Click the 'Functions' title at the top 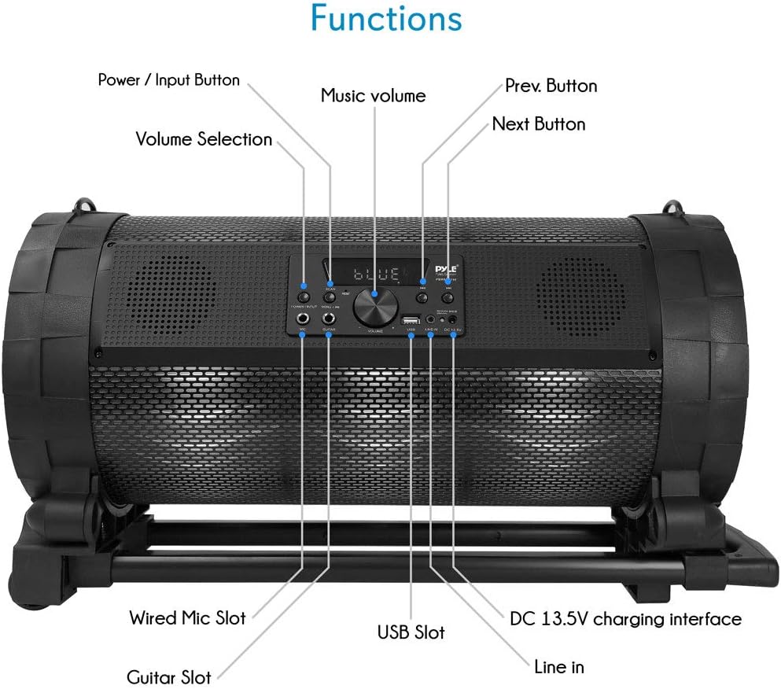click(x=385, y=19)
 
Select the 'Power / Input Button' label click(x=168, y=79)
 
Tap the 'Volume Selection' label click(x=204, y=139)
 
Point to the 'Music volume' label click(x=373, y=96)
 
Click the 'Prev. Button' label click(x=551, y=85)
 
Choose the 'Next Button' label click(x=539, y=123)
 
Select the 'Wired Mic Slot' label click(x=187, y=617)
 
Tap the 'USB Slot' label click(x=411, y=632)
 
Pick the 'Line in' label click(x=558, y=666)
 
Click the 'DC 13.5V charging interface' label click(x=625, y=619)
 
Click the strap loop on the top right click(x=672, y=210)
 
